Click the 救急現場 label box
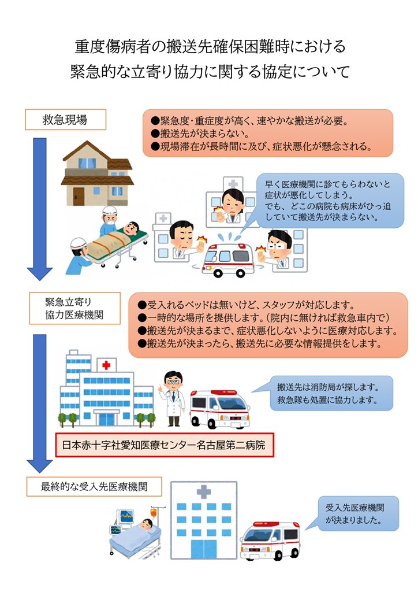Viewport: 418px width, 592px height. [65, 120]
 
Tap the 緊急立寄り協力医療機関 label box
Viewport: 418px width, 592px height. [74, 310]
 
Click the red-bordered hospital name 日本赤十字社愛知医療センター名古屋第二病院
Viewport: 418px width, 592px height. [164, 446]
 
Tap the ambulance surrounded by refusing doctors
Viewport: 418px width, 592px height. [230, 258]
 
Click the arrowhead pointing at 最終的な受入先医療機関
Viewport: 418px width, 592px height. [39, 463]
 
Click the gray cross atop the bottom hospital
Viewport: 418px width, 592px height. [203, 493]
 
